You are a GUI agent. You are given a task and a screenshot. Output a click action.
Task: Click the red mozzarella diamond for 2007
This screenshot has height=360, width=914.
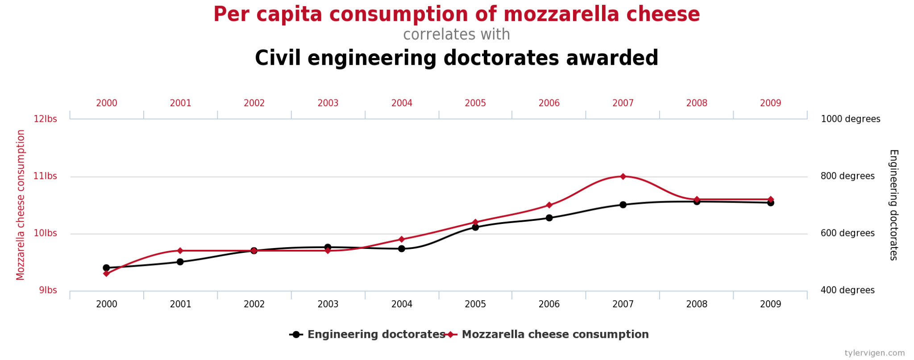[x=623, y=177]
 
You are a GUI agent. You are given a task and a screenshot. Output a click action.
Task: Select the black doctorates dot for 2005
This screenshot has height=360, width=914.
[x=475, y=227]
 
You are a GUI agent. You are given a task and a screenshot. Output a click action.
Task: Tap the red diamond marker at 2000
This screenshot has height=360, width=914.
[x=106, y=273]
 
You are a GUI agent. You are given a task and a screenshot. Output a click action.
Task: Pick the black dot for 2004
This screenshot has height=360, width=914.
[x=402, y=248]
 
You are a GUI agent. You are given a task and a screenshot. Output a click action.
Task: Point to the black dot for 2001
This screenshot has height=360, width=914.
[x=180, y=262]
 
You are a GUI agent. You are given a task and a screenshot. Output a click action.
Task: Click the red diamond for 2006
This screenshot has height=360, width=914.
[x=549, y=205]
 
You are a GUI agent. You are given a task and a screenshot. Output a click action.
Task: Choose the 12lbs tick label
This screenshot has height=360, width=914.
[x=45, y=119]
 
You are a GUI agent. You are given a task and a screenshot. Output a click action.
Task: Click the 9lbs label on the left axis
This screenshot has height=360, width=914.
[x=48, y=290]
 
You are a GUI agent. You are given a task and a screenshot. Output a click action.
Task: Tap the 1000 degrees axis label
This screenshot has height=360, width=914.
[x=850, y=119]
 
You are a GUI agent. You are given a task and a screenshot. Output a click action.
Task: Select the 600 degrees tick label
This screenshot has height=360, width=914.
[x=847, y=233]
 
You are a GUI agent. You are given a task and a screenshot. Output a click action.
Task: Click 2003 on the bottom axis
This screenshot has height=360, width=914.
[x=328, y=304]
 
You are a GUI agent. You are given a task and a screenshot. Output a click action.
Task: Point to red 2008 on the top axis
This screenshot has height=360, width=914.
[x=697, y=103]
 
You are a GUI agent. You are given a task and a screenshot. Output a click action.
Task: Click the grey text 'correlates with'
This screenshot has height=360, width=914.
[x=457, y=35]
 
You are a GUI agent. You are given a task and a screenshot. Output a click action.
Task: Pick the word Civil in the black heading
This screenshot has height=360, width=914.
[x=277, y=58]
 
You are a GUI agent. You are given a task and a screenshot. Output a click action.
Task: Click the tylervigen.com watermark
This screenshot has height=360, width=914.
[x=874, y=353]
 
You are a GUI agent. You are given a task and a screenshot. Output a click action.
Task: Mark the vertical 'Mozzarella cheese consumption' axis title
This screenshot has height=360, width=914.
[x=21, y=205]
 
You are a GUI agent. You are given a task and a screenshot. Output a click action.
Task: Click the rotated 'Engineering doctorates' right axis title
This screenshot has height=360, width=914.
[x=893, y=205]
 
